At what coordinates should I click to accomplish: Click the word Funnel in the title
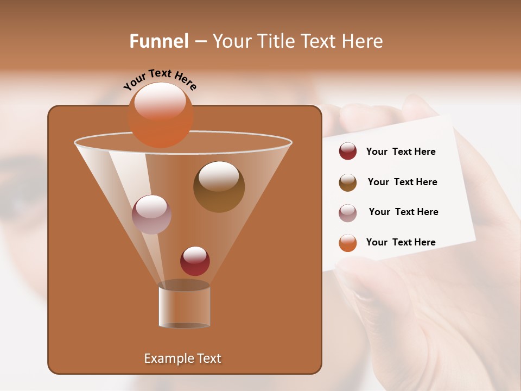(x=159, y=41)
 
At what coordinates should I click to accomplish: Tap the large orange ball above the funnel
(x=161, y=115)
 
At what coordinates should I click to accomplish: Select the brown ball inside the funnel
(x=219, y=186)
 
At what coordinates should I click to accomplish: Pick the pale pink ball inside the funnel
(x=152, y=214)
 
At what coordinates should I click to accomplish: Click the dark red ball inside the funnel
(x=195, y=261)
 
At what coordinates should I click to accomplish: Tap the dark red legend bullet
(x=347, y=152)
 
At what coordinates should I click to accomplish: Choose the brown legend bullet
(x=347, y=182)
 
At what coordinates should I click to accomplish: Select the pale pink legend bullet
(x=347, y=212)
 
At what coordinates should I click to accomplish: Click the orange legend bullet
(x=347, y=243)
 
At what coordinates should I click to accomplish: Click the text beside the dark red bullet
(x=401, y=152)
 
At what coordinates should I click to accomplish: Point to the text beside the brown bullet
(x=402, y=182)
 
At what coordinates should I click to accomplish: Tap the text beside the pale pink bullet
(x=403, y=212)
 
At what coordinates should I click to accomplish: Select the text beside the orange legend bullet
(x=401, y=242)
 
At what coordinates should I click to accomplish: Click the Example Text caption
(x=182, y=358)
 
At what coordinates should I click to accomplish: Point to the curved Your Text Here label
(x=160, y=79)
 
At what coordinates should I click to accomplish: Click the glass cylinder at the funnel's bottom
(x=184, y=306)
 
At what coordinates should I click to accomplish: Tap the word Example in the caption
(x=165, y=358)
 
